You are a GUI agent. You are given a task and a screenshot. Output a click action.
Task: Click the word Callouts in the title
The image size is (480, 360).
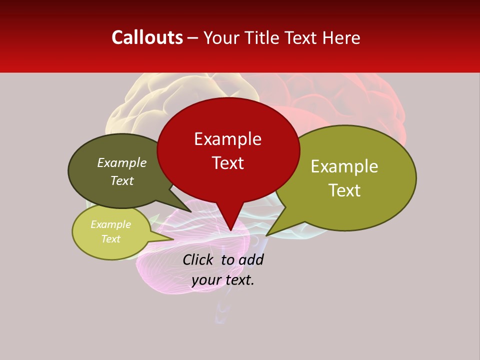point(147,37)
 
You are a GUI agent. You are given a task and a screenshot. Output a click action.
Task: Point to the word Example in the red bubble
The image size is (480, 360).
point(227,139)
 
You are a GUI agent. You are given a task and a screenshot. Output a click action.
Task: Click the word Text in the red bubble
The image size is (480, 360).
point(227,163)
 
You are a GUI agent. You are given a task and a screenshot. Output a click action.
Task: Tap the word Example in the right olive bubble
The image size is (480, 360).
point(344,166)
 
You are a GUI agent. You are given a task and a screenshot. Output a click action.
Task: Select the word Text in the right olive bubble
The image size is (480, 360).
point(344,190)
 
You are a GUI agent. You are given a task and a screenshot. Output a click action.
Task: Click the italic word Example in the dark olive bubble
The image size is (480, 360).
point(121,163)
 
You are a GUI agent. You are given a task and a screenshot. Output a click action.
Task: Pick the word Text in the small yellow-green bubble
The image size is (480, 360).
point(110,239)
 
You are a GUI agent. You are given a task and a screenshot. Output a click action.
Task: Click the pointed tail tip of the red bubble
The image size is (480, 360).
point(230,229)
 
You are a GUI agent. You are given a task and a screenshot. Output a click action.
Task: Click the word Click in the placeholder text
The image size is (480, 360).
point(197,259)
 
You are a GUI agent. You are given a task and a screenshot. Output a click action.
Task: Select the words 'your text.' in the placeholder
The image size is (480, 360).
point(222,280)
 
